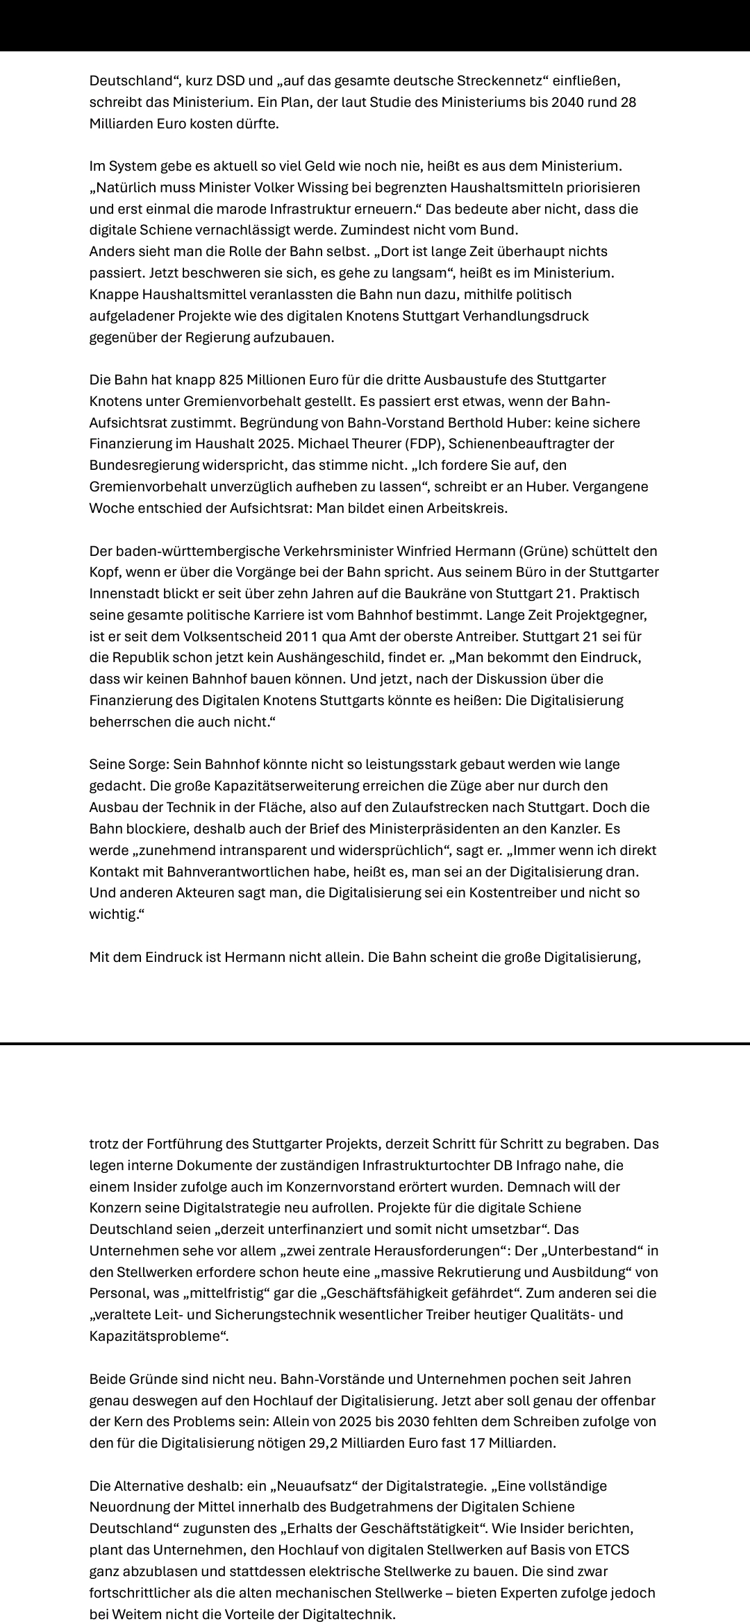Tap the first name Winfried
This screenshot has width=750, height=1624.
coord(424,551)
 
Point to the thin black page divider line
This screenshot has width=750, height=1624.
coord(375,1043)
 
